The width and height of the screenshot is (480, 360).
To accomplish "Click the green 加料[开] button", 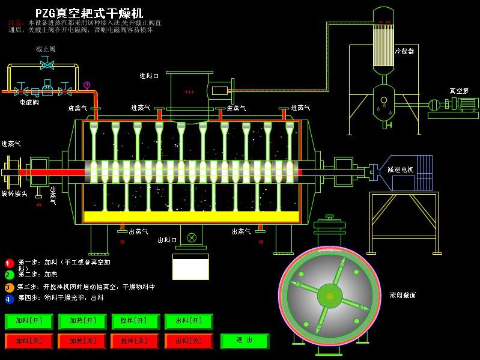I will (x=29, y=322).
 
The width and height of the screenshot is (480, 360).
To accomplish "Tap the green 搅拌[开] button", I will (x=135, y=322).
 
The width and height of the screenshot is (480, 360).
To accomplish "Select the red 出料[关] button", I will (x=189, y=341).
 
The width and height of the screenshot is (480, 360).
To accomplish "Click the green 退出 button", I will (x=245, y=341).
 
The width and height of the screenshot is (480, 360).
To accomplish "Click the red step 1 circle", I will (x=10, y=263).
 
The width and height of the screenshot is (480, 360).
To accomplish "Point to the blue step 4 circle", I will (x=10, y=299).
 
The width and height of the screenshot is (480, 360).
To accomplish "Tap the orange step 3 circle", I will (x=10, y=287).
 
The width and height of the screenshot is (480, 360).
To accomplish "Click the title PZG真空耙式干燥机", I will (x=89, y=13).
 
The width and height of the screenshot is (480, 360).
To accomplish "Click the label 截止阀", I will (x=46, y=49).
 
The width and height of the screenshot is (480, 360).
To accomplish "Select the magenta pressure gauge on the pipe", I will (x=87, y=85).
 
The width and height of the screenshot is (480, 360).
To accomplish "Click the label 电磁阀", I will (x=29, y=102).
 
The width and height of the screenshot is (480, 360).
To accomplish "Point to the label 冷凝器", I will (x=404, y=51).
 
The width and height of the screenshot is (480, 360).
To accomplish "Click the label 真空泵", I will (x=460, y=91).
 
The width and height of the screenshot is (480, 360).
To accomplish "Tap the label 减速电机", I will (x=400, y=170).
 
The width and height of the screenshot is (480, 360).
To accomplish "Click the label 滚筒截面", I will (x=403, y=295).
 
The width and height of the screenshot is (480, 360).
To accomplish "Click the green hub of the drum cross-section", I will (x=329, y=295).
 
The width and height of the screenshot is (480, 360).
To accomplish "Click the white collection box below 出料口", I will (x=190, y=267).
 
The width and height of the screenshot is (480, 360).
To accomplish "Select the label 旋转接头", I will (x=14, y=194).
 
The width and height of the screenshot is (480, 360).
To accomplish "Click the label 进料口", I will (x=149, y=76).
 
